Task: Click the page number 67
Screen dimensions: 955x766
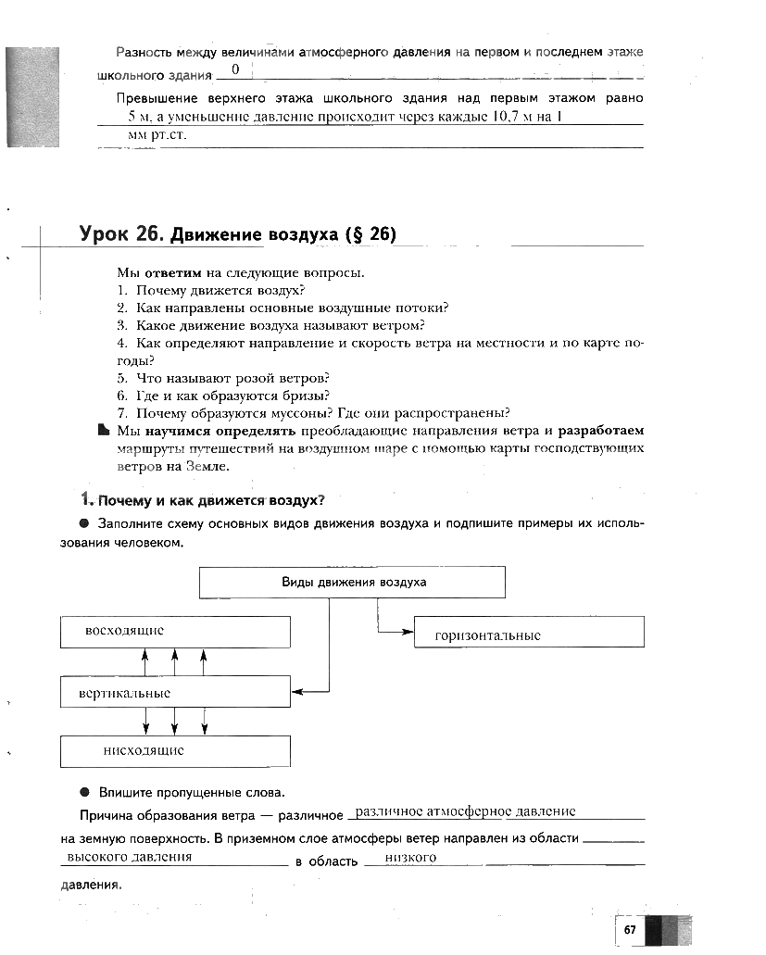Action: pyautogui.click(x=629, y=929)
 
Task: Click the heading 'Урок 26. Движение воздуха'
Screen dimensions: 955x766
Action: pyautogui.click(x=238, y=234)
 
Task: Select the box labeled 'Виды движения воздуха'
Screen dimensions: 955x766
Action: pyautogui.click(x=353, y=582)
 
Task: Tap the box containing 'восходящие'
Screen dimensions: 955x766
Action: pyautogui.click(x=175, y=631)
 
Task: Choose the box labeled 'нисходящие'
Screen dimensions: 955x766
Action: pyautogui.click(x=175, y=751)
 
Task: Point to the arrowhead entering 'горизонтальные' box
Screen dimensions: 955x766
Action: pyautogui.click(x=407, y=633)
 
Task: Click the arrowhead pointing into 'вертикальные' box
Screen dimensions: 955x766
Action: pyautogui.click(x=297, y=691)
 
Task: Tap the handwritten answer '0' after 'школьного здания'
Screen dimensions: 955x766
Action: pyautogui.click(x=235, y=69)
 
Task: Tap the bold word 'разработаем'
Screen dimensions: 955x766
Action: pyautogui.click(x=600, y=431)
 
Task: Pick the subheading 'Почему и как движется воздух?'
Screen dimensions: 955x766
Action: pyautogui.click(x=202, y=500)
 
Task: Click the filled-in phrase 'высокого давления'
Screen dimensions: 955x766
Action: pyautogui.click(x=130, y=857)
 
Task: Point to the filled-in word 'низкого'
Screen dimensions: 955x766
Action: pyautogui.click(x=409, y=858)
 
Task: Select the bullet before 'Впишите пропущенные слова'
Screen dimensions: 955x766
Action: pyautogui.click(x=83, y=792)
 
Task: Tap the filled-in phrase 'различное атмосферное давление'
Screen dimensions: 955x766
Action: pyautogui.click(x=465, y=810)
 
